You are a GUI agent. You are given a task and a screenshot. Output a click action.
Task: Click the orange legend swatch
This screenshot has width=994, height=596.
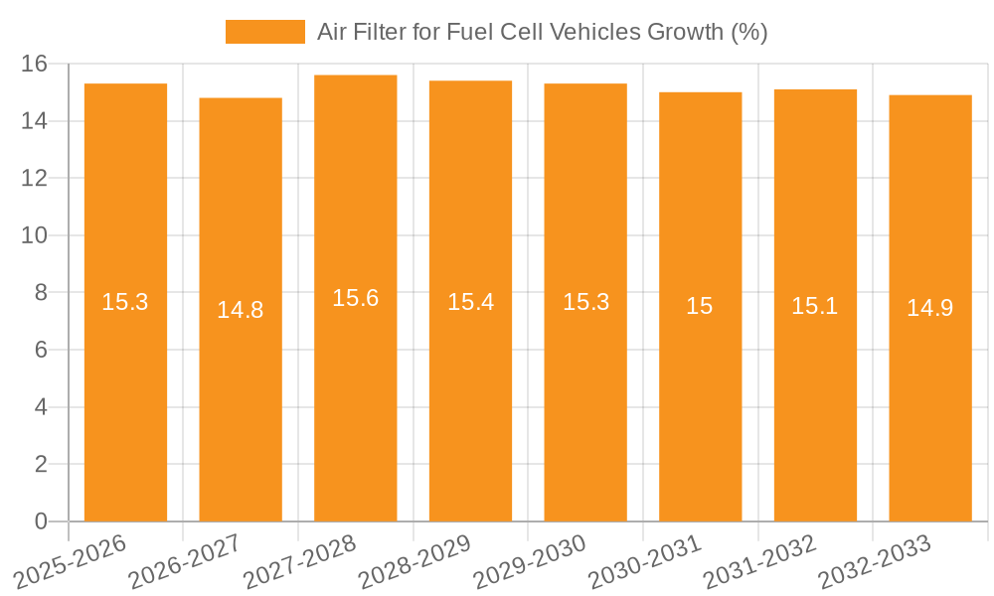(265, 32)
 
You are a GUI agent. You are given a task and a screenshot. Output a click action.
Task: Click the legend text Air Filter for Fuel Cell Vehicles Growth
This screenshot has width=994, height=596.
(542, 32)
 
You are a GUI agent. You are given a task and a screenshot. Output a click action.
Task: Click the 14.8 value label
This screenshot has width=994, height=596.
(241, 310)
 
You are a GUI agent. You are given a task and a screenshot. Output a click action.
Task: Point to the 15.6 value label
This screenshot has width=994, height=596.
(356, 298)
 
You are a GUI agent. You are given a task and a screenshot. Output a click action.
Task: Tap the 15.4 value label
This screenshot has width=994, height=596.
(470, 302)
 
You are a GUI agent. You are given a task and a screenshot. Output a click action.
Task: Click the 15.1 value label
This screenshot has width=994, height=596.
(815, 306)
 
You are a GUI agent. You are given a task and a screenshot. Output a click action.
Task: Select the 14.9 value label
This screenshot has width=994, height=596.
(930, 308)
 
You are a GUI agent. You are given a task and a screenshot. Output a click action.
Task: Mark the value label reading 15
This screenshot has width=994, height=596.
(700, 306)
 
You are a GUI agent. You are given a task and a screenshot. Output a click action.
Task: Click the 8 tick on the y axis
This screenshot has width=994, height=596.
(41, 293)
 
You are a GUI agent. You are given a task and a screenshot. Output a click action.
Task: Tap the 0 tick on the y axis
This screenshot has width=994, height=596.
(41, 521)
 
